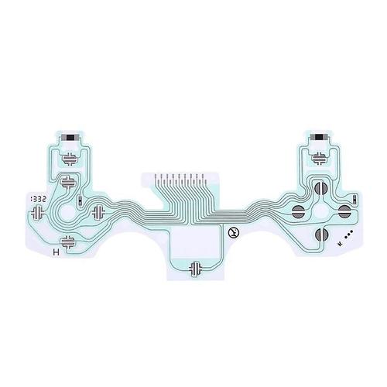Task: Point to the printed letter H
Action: click(x=53, y=252)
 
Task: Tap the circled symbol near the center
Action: click(x=231, y=231)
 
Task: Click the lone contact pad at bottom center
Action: click(x=197, y=267)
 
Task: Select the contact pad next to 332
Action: click(x=70, y=184)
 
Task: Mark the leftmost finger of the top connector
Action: click(x=157, y=179)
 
